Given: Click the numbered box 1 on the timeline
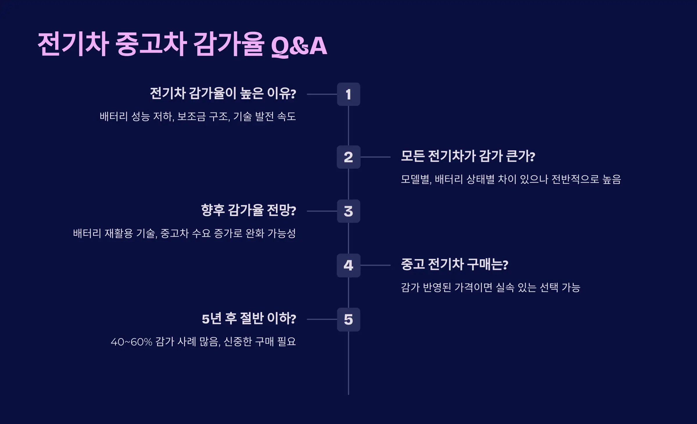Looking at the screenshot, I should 348,94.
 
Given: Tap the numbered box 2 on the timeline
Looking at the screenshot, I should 348,157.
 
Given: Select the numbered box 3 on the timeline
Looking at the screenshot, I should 348,211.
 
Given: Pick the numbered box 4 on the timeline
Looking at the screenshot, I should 348,265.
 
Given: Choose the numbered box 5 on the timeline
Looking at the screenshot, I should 348,319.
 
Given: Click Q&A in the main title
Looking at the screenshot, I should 299,46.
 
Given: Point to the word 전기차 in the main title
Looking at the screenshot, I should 73,44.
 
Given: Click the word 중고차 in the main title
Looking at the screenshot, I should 151,44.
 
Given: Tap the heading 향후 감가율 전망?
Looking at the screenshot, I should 249,210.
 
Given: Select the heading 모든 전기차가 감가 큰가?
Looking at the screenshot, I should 468,156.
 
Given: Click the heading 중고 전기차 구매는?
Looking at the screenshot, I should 455,264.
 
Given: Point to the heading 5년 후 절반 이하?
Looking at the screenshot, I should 249,318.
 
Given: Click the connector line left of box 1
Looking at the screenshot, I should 322,94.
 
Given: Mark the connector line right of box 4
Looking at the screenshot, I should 375,265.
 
